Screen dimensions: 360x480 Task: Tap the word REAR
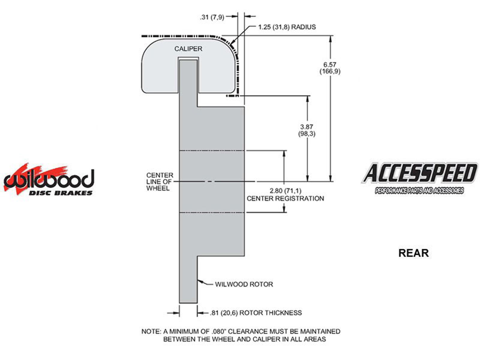(x=413, y=253)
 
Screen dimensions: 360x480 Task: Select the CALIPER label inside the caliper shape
(x=188, y=49)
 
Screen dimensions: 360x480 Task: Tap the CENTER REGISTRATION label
(x=285, y=198)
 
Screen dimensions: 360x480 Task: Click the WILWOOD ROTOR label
(x=244, y=284)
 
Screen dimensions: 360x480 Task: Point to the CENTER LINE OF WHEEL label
(x=160, y=181)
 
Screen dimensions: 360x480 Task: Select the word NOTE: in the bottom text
(x=151, y=331)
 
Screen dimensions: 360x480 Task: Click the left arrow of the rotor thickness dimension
(x=177, y=313)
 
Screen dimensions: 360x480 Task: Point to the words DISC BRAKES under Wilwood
(x=60, y=193)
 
